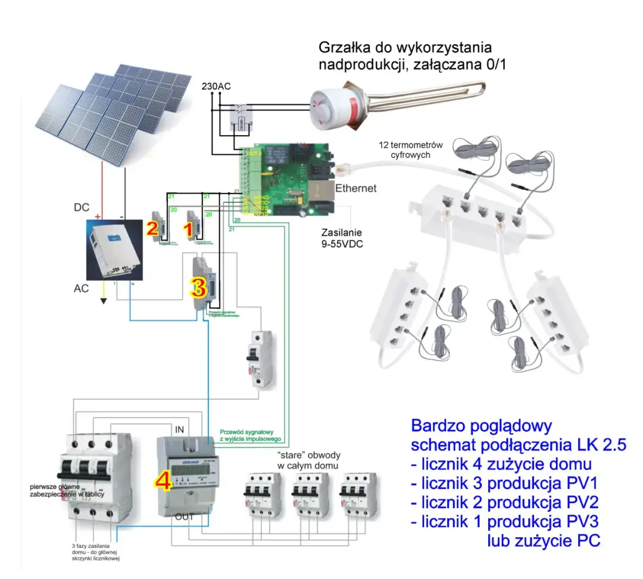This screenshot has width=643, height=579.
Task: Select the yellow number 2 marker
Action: click(152, 228)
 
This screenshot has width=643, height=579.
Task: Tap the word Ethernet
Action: click(356, 189)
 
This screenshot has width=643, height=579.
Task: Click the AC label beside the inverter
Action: click(82, 288)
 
